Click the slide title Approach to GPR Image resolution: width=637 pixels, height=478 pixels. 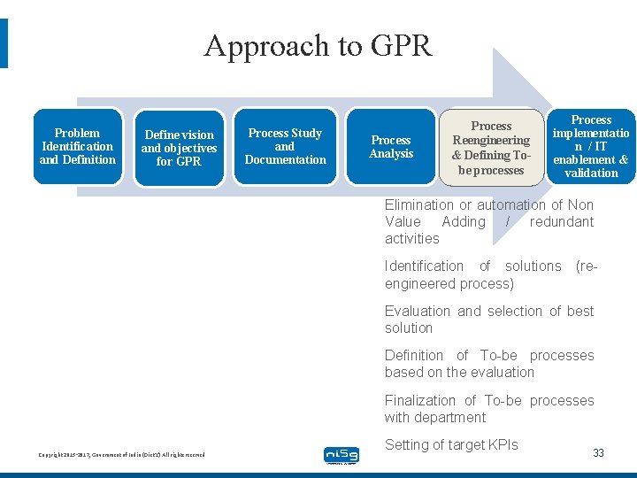click(318, 45)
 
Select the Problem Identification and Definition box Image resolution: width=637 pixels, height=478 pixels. click(77, 146)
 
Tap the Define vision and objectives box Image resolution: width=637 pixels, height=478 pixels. click(179, 148)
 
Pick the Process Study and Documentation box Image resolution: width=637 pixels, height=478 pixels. click(285, 146)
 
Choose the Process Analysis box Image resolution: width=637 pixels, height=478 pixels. click(391, 146)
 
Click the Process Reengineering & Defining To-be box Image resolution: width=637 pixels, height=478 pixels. click(491, 148)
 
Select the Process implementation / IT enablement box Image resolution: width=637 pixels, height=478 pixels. click(590, 146)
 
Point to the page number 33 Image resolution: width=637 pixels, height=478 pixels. click(598, 453)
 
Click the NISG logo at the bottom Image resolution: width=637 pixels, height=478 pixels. click(342, 455)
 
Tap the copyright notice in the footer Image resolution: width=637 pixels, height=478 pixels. click(121, 455)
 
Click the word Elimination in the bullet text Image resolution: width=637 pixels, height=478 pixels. click(418, 205)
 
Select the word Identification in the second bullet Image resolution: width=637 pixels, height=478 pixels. click(424, 266)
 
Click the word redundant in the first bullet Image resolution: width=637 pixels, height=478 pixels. click(562, 222)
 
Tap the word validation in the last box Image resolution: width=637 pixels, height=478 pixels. click(591, 173)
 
